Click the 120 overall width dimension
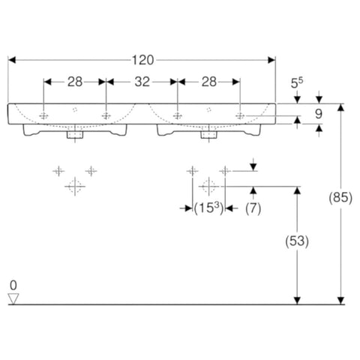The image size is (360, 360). click(142, 60)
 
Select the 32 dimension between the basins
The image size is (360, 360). click(142, 82)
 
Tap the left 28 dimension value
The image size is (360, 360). click(75, 82)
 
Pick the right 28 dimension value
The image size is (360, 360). click(209, 82)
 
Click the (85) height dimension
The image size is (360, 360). click(340, 198)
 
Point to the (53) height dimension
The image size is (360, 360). click(297, 241)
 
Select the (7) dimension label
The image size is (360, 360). click(253, 208)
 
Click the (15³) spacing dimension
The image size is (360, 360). click(208, 208)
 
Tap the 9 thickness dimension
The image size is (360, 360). click(319, 114)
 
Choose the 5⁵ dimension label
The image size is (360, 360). click(297, 83)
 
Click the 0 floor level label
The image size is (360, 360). click(13, 285)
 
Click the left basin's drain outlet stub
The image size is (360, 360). click(75, 135)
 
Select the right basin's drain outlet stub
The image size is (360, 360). click(209, 135)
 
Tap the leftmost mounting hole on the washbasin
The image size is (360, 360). click(43, 115)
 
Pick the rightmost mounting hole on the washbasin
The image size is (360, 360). click(240, 115)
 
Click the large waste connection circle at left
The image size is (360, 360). click(75, 187)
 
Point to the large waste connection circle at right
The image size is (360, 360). click(208, 187)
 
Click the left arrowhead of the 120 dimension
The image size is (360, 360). click(12, 60)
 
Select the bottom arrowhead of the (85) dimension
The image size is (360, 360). click(340, 301)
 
